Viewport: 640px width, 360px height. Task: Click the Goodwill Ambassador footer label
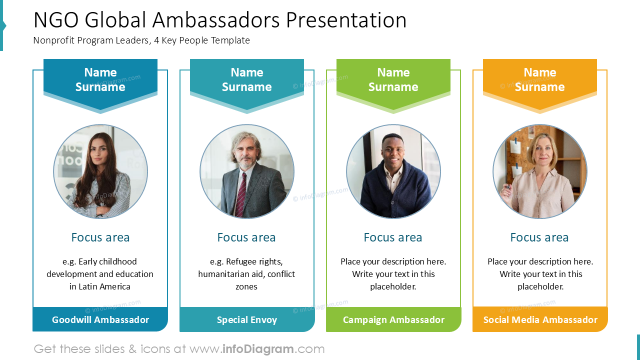click(100, 319)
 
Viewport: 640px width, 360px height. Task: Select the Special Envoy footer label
click(246, 319)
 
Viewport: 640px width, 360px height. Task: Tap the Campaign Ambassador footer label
click(393, 319)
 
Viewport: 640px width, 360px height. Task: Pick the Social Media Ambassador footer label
click(540, 319)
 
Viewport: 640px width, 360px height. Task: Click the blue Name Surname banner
click(100, 80)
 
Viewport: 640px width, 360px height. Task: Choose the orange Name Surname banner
click(540, 80)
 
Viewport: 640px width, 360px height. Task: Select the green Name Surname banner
click(393, 80)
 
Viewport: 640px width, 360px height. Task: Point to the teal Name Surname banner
click(246, 80)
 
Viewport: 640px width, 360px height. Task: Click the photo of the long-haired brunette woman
click(100, 171)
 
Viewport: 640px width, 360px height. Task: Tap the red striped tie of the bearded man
click(241, 192)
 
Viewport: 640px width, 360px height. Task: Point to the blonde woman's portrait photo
click(540, 171)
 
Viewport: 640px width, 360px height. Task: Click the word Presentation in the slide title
click(346, 20)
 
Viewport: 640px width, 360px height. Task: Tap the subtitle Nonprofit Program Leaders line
click(141, 40)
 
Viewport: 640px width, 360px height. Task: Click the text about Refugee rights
click(246, 274)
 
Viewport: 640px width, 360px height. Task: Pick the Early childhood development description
click(100, 274)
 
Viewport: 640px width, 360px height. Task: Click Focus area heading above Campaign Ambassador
click(393, 237)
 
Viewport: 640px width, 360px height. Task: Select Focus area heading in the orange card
click(539, 237)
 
